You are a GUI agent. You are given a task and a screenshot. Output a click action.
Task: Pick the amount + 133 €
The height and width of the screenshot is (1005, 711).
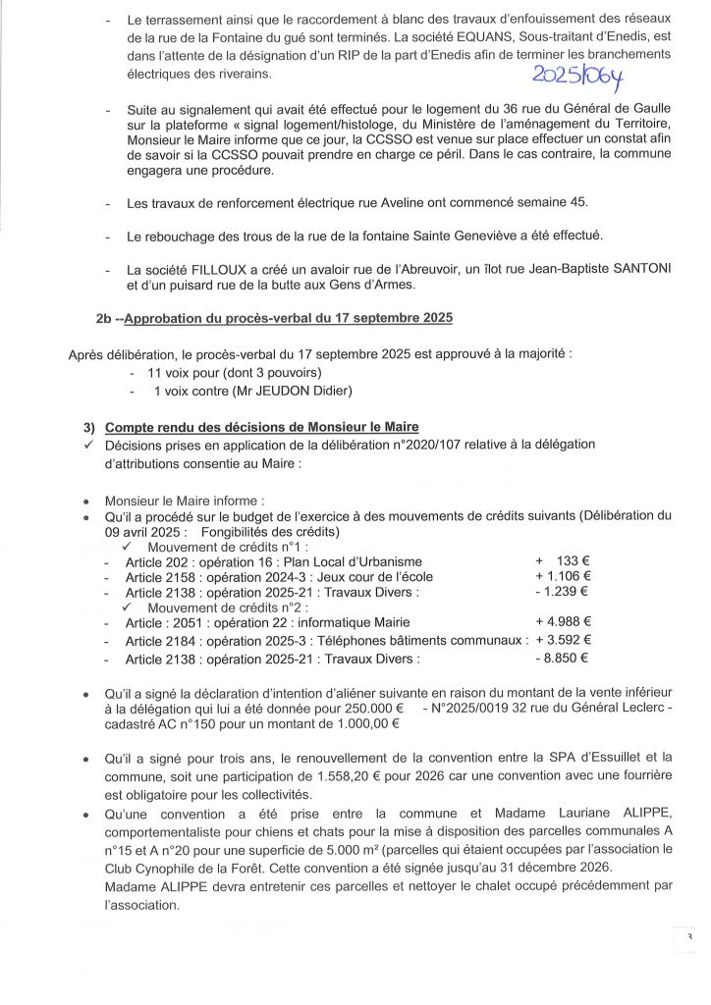pos(562,560)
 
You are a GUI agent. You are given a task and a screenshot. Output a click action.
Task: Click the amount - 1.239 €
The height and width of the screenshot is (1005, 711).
pos(562,592)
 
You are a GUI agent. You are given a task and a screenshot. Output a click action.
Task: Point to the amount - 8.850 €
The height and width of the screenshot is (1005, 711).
pos(562,658)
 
